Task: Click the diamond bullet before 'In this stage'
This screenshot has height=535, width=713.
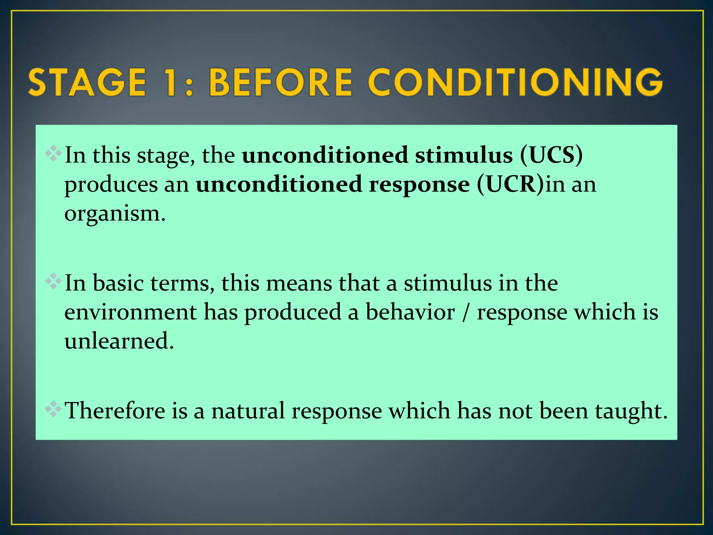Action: (x=53, y=153)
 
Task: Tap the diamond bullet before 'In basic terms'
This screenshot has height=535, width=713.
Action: (x=53, y=281)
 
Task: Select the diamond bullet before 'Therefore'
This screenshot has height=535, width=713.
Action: (x=53, y=409)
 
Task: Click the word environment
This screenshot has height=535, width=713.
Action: (x=131, y=312)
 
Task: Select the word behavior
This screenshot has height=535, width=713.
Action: (x=410, y=312)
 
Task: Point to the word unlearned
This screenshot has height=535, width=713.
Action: (x=119, y=341)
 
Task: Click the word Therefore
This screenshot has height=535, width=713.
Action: (x=115, y=411)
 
